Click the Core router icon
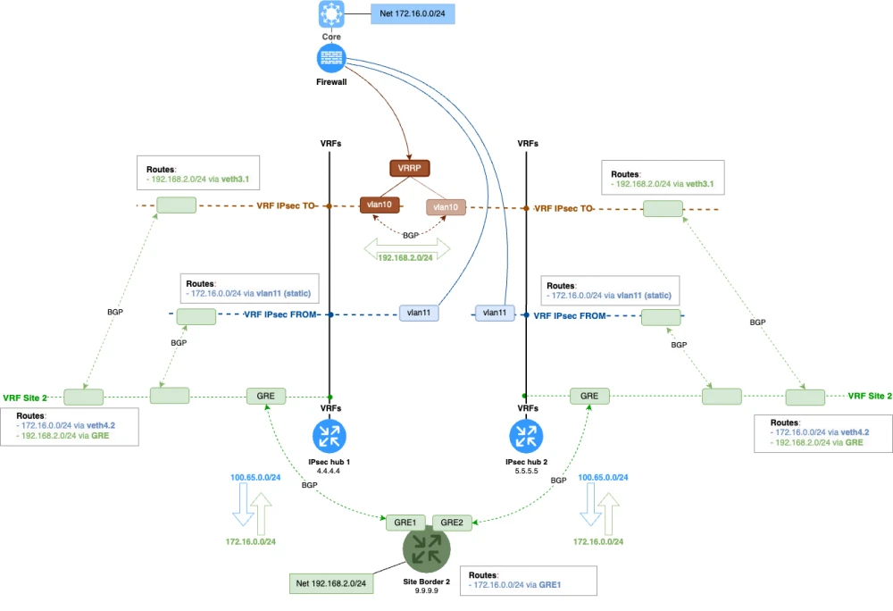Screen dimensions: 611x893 pos(331,15)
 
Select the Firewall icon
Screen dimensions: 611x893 pos(331,59)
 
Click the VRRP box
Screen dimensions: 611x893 pos(410,167)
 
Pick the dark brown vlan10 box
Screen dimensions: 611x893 pos(379,205)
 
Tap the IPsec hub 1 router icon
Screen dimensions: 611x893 pos(330,437)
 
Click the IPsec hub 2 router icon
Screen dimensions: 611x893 pos(526,437)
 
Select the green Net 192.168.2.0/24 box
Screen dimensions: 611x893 pos(330,583)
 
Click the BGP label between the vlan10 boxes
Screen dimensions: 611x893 pos(411,235)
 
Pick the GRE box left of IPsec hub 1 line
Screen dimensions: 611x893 pos(265,395)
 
